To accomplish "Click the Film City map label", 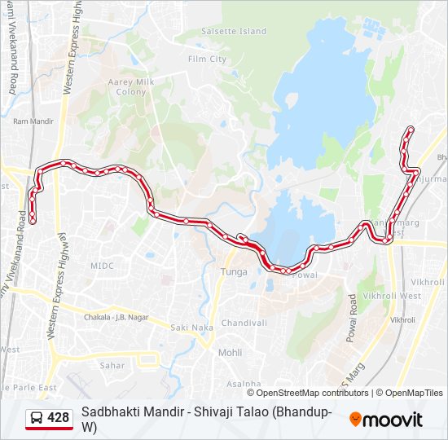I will coord(207,59).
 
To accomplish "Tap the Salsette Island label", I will coord(233,32).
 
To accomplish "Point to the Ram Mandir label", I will coord(33,121).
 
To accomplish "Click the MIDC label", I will coord(102,266).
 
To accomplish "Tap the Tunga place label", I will coord(234,271).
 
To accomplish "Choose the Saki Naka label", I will coord(191,328).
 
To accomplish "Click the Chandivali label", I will coord(244,323).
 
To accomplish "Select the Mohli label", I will coord(230,353).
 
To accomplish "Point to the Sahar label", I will coord(112,366).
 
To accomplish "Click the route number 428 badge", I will coord(59,418).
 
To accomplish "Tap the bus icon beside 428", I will coord(37,418).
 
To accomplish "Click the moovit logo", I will coord(386,420).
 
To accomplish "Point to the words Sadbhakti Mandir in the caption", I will coord(124,412).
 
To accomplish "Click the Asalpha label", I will coord(244,383).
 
